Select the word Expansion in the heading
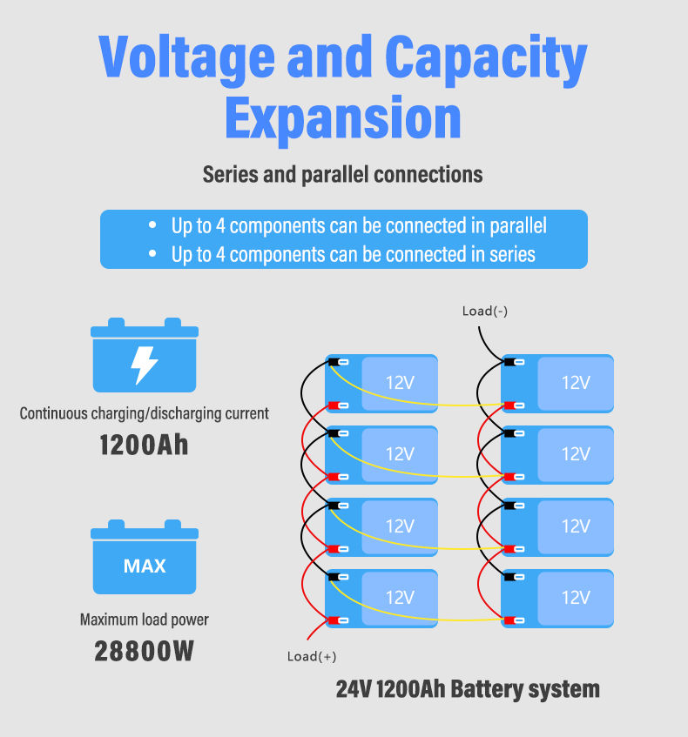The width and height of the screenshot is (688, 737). click(343, 118)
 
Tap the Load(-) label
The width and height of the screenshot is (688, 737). click(485, 311)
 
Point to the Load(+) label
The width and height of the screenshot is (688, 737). click(311, 656)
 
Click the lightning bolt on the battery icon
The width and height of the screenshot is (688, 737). click(145, 365)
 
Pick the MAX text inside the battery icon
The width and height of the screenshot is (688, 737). click(145, 566)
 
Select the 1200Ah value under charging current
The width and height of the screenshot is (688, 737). click(144, 445)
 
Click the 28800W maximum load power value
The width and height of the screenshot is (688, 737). click(144, 651)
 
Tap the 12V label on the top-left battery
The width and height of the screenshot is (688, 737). click(400, 383)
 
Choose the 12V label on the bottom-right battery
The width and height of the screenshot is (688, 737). click(576, 598)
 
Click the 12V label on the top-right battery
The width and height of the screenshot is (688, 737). click(576, 383)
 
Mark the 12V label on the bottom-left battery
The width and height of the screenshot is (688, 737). click(400, 598)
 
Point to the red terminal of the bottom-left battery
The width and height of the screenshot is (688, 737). click(333, 620)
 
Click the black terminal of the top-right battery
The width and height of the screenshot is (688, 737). click(508, 362)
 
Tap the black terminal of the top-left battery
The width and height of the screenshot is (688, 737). click(333, 362)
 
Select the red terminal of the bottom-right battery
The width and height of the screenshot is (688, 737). click(508, 620)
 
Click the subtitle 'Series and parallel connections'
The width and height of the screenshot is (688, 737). click(342, 174)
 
